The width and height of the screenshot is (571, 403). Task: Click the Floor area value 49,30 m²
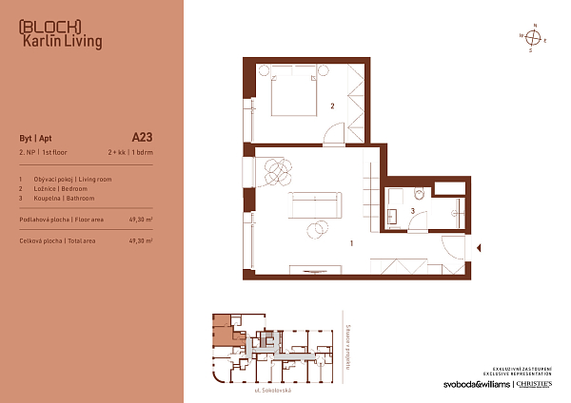pyautogui.click(x=142, y=220)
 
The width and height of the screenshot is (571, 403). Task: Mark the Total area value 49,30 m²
pyautogui.click(x=142, y=241)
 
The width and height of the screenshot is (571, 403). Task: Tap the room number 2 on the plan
pyautogui.click(x=332, y=106)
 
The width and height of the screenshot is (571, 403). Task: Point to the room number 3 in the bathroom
pyautogui.click(x=413, y=210)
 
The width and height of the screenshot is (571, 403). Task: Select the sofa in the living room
pyautogui.click(x=314, y=202)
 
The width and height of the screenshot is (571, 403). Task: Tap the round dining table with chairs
pyautogui.click(x=278, y=172)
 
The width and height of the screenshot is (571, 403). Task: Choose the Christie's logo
pyautogui.click(x=535, y=385)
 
